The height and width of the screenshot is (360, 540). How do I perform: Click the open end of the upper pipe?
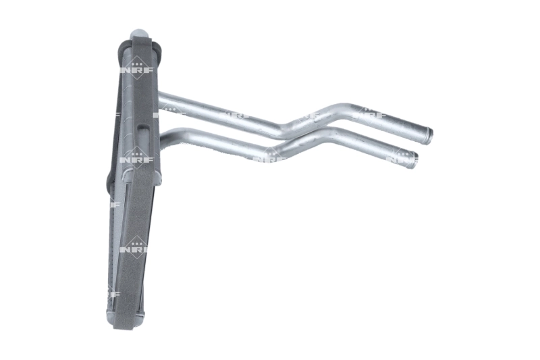429,136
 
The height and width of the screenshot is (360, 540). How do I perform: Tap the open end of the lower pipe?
414,161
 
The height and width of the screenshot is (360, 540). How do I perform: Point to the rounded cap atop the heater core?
140,34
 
